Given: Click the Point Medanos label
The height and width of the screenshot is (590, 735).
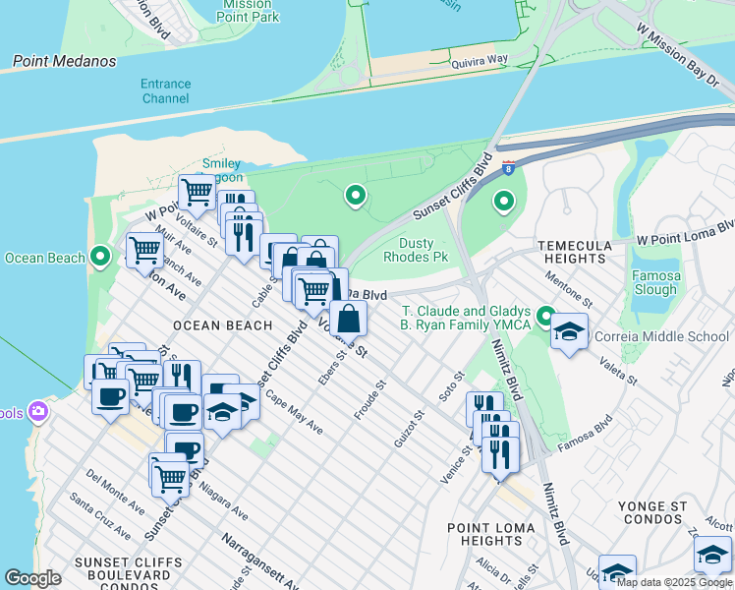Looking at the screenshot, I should pyautogui.click(x=64, y=62).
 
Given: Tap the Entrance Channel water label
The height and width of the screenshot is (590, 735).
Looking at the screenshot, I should pyautogui.click(x=165, y=91).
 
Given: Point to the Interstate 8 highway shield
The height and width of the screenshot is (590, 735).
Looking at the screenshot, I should pyautogui.click(x=508, y=168).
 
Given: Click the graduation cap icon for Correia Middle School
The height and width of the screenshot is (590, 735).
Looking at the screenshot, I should pyautogui.click(x=569, y=330).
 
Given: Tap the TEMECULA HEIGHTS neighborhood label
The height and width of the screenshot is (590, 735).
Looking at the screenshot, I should pyautogui.click(x=574, y=252).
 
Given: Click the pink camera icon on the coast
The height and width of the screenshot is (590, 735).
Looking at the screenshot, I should pyautogui.click(x=38, y=410).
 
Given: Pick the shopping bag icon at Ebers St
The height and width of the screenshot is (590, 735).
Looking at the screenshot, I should pyautogui.click(x=349, y=319).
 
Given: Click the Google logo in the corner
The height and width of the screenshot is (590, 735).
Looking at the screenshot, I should pyautogui.click(x=32, y=578).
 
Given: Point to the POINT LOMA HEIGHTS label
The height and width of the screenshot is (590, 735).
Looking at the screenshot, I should pyautogui.click(x=491, y=534).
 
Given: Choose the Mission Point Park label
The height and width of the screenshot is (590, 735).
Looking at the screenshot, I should pyautogui.click(x=246, y=11).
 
